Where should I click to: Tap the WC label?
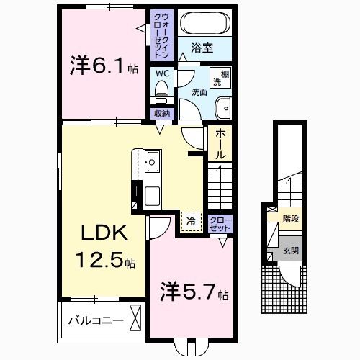161,73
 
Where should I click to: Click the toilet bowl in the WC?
161,91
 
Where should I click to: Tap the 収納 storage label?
161,114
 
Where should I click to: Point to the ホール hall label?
220,145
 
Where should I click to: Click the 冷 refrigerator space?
191,221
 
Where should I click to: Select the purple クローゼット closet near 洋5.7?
220,223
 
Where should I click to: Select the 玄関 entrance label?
291,251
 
